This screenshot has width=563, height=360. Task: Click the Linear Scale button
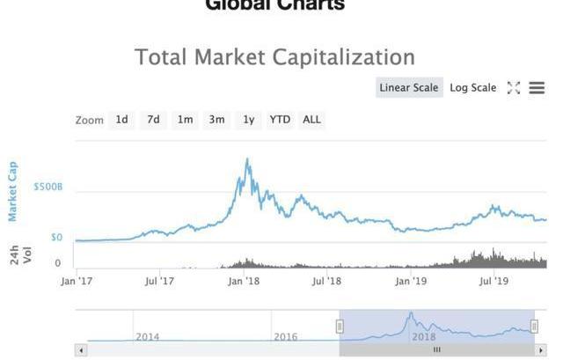[x=408, y=87]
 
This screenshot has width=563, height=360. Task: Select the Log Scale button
[x=473, y=87]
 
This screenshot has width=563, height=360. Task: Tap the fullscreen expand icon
[x=514, y=87]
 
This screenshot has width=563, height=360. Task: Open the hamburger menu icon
[x=537, y=87]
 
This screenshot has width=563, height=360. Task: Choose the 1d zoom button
[x=121, y=120]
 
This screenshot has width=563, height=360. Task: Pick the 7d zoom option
[x=153, y=120]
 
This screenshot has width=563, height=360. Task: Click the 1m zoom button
[x=185, y=120]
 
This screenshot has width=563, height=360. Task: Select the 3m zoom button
[x=216, y=120]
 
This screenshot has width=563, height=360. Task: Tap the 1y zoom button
[x=249, y=120]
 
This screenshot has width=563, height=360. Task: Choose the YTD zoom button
[x=280, y=120]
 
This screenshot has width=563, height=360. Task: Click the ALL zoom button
[x=311, y=120]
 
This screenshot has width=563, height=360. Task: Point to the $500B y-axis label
[x=48, y=187]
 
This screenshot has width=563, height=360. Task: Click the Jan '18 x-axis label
[x=244, y=282]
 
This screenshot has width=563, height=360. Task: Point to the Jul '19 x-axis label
[x=494, y=282]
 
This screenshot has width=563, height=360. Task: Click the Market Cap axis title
[x=12, y=191]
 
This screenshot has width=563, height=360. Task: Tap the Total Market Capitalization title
[x=274, y=57]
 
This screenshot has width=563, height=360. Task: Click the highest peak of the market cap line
[x=247, y=159]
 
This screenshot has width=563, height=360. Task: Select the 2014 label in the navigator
[x=148, y=336]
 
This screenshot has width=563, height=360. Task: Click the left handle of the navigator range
[x=340, y=327]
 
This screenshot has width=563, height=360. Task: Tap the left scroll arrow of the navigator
[x=81, y=350]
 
